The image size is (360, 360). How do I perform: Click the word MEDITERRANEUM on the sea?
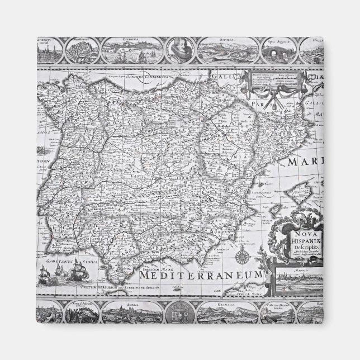pyautogui.click(x=201, y=276)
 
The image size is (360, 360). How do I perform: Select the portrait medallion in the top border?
pyautogui.click(x=179, y=50)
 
